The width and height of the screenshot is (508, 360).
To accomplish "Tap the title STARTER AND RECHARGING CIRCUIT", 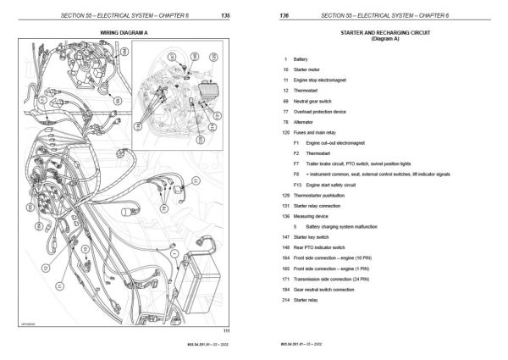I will point(380,30).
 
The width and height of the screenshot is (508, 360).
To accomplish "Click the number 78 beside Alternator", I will point(285,121).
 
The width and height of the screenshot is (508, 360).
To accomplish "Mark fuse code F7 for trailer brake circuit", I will point(296,163).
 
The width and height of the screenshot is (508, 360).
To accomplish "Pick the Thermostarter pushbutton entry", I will point(321,195).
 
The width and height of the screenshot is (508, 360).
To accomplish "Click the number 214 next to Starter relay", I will point(285,300).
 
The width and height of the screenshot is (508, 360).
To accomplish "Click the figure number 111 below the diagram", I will point(225,330).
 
